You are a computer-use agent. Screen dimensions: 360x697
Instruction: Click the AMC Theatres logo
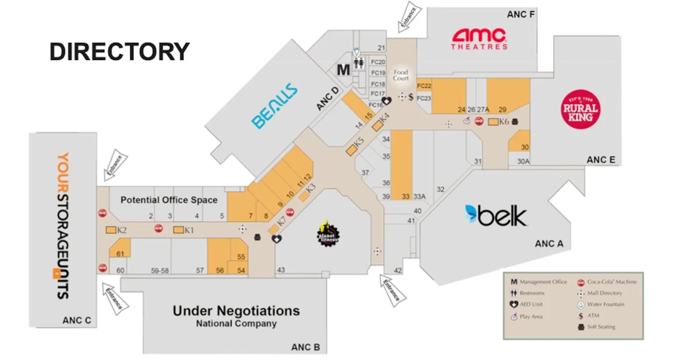coord(479,39)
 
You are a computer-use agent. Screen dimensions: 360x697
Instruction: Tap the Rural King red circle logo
coord(580,109)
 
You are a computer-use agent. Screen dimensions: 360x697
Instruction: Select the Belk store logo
coord(496,216)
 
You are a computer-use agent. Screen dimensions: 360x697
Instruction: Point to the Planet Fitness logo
coord(328,233)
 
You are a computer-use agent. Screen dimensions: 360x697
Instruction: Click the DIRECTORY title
coord(119,52)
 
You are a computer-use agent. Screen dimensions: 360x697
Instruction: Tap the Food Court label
coord(401,75)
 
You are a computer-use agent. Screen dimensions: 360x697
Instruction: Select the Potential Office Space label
coord(169,200)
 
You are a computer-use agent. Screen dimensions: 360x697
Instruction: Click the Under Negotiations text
coord(236,311)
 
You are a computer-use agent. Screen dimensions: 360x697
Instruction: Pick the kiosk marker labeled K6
coord(493,121)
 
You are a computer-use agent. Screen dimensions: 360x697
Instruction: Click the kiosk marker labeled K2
coord(111,230)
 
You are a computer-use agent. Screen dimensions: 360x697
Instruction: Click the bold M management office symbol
coord(344,70)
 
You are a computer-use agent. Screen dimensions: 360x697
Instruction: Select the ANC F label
coord(521,14)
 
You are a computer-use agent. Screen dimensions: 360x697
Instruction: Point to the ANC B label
coord(306,347)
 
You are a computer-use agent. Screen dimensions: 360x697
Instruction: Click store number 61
coord(120,254)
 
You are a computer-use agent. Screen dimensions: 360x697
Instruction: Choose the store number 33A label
coord(420,196)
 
